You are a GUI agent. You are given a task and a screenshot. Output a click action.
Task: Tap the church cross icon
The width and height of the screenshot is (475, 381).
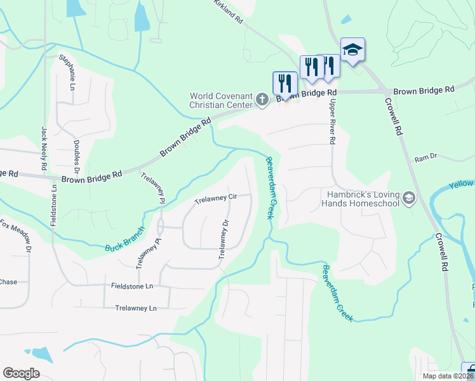[262, 99]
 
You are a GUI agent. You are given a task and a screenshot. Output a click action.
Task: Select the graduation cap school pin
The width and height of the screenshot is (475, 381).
[352, 50]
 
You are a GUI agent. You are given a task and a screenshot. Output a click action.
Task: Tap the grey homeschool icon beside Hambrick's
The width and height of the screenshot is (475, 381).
[408, 199]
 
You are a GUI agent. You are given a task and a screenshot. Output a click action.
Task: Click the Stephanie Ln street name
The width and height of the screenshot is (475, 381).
[67, 71]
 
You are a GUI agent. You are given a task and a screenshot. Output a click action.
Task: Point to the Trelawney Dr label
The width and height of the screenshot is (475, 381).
[223, 239]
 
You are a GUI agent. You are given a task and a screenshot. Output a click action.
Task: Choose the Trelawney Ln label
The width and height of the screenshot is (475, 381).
[135, 308]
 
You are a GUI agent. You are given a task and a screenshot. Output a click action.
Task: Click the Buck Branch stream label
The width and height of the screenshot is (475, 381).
[125, 239]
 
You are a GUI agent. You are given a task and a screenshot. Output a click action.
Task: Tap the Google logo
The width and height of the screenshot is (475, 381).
[21, 373]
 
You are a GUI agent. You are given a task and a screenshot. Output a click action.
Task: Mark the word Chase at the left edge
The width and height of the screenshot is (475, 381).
[8, 282]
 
